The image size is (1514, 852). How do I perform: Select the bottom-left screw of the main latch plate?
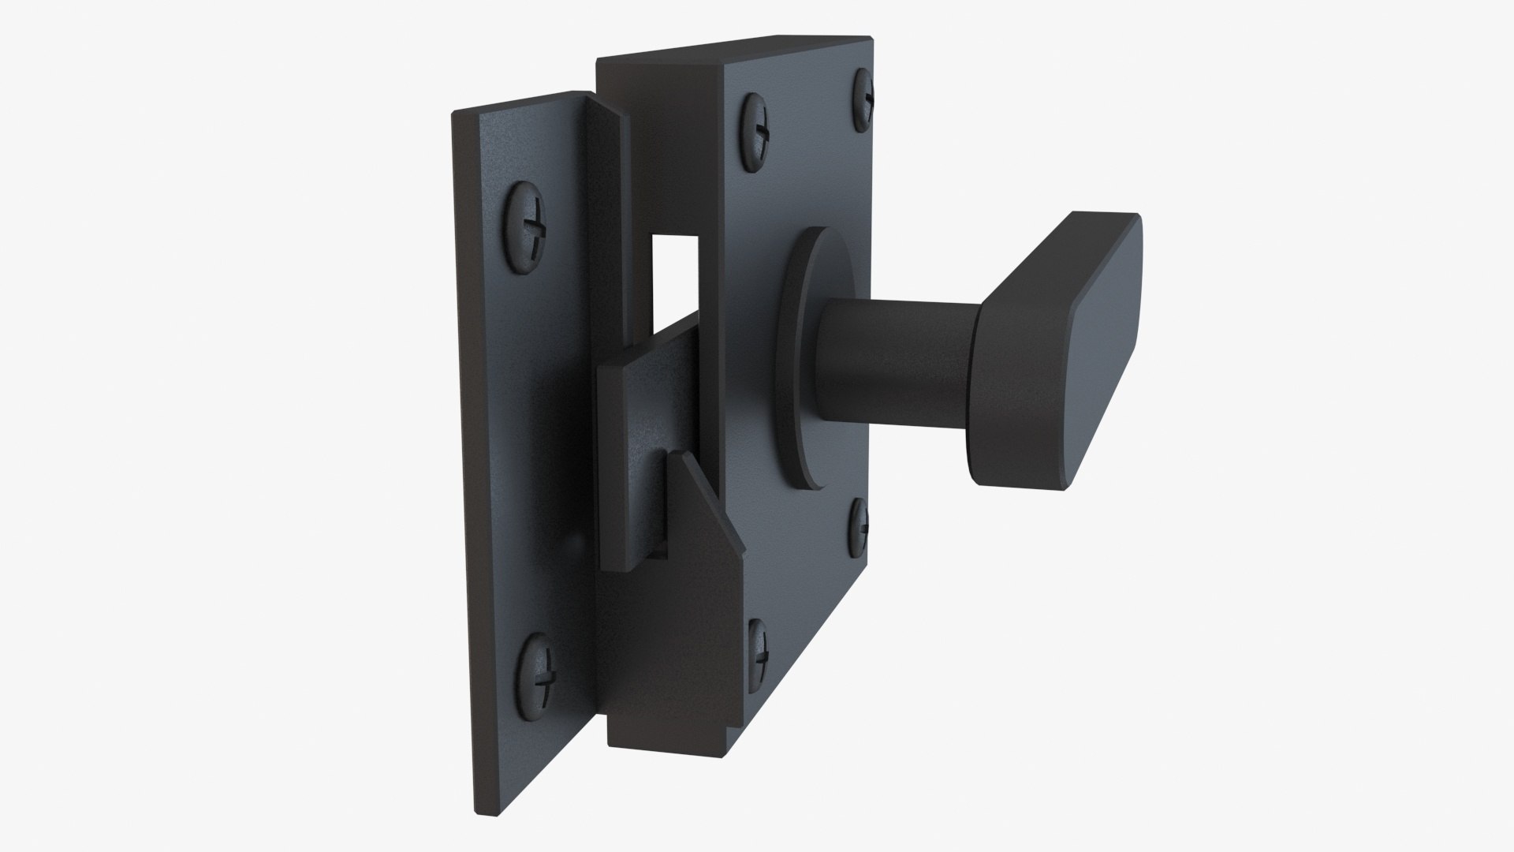(x=758, y=644)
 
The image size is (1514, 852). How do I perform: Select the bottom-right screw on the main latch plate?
(x=859, y=527)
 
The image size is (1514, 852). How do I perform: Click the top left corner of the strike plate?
(x=455, y=115)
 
